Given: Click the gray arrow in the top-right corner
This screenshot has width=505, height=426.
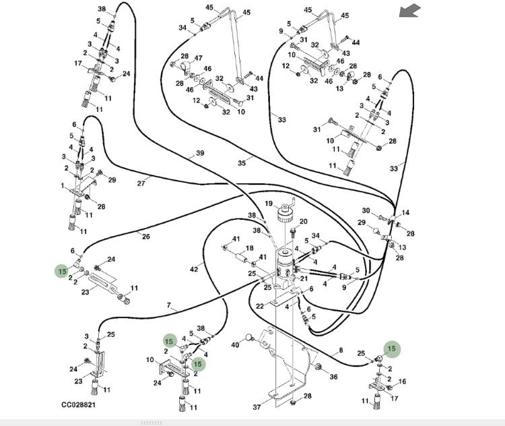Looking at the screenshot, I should [409, 11].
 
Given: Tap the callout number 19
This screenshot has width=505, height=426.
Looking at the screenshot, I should [268, 204].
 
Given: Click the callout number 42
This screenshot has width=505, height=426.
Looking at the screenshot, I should [194, 269].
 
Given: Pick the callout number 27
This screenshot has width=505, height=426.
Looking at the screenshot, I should [141, 183].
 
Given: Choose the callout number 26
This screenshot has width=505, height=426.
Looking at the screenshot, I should [146, 235].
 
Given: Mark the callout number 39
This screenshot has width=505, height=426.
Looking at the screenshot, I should [199, 154].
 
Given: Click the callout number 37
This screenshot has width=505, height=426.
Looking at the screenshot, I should [257, 406].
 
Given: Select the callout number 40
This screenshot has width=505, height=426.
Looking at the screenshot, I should [235, 345].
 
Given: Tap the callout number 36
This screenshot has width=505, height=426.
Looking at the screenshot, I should [333, 377].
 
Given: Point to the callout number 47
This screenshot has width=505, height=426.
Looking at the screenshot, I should [199, 59].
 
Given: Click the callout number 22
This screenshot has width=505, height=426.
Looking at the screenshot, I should [260, 307].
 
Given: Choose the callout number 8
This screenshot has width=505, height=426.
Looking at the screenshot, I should [341, 350].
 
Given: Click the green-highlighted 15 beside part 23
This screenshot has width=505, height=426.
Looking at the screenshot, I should [62, 272].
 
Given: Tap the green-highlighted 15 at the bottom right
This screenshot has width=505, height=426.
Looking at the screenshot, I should [392, 348].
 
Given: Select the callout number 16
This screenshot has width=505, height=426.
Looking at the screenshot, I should [403, 382].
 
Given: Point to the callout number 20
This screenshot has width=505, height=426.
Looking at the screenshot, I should [303, 221].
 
